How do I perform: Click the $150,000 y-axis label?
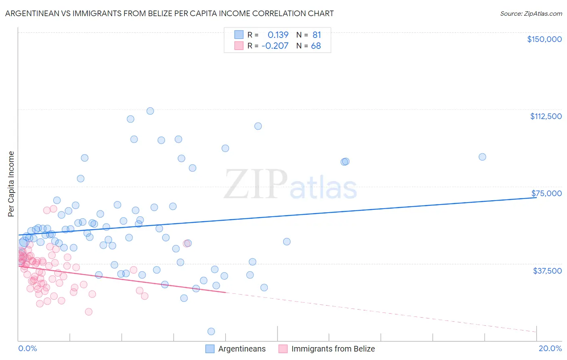544,39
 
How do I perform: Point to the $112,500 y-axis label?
546,116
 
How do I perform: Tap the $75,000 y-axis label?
546,193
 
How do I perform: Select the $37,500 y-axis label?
547,271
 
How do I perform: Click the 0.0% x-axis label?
27,348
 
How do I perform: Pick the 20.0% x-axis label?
550,348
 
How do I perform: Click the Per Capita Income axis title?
11,184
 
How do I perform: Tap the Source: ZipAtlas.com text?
531,13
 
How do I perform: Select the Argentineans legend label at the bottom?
242,349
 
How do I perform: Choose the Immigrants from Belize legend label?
333,349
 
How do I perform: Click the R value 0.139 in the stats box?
278,35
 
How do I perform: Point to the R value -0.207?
275,46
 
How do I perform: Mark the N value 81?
317,35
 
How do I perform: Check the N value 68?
316,46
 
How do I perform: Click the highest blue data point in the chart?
150,111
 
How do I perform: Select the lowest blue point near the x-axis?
211,331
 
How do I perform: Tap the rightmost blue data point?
482,157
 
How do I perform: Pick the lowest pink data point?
89,312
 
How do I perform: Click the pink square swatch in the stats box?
239,46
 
